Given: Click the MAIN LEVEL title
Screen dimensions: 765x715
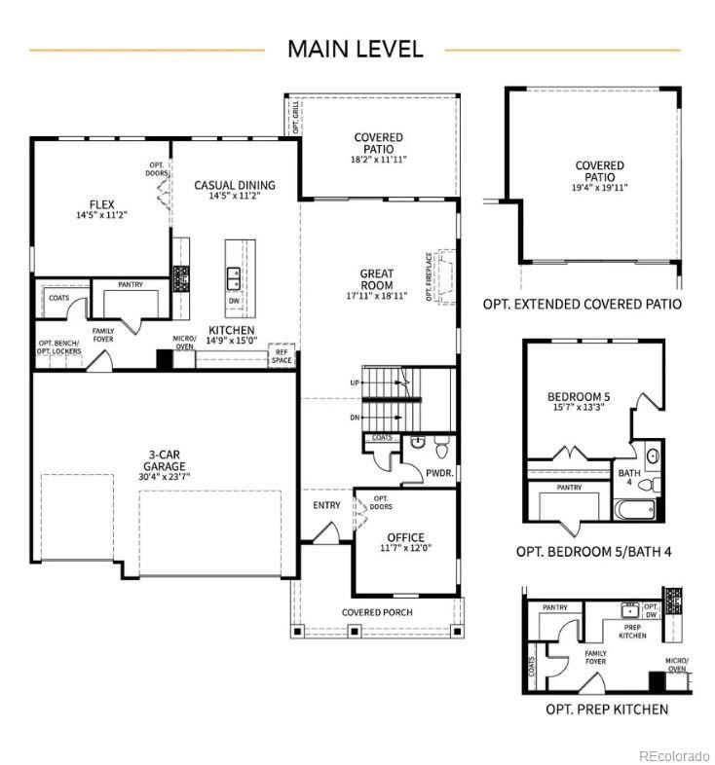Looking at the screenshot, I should click(x=355, y=49).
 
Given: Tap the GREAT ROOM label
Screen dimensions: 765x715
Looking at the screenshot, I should click(x=376, y=279).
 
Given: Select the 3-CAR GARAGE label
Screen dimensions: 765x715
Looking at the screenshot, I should click(x=161, y=459).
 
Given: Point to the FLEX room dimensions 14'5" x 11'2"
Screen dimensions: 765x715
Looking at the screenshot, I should click(x=102, y=215).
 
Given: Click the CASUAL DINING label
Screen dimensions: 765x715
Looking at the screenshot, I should click(x=234, y=185).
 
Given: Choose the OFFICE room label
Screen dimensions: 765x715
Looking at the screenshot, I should click(x=405, y=537).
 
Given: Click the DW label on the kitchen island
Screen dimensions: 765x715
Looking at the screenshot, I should click(x=234, y=302).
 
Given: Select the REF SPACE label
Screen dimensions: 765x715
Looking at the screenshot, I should click(x=282, y=355).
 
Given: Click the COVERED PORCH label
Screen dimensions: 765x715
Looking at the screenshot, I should click(x=376, y=612).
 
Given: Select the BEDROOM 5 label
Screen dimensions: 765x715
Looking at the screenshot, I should click(x=579, y=396).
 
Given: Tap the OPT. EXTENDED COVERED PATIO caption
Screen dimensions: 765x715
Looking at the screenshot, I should click(x=582, y=304).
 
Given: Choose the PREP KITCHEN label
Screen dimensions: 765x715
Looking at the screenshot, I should click(x=632, y=631).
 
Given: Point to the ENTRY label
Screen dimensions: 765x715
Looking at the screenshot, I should click(x=326, y=505).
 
